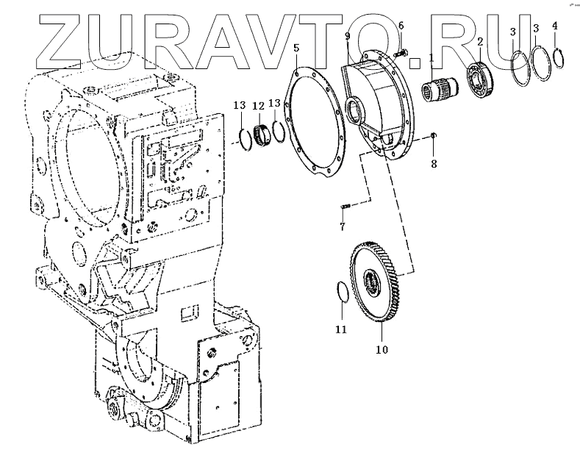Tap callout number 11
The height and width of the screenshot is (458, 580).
click(x=340, y=329)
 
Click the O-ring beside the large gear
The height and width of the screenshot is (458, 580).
click(x=343, y=292)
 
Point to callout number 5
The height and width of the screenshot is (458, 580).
click(x=296, y=49)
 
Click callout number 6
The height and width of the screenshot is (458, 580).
click(x=401, y=26)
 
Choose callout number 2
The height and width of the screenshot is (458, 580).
click(x=480, y=43)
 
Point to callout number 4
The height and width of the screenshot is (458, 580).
click(x=555, y=26)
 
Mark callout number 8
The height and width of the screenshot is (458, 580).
click(x=434, y=163)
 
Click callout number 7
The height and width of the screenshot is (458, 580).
click(x=343, y=226)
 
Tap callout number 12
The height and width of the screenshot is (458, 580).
click(x=258, y=105)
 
